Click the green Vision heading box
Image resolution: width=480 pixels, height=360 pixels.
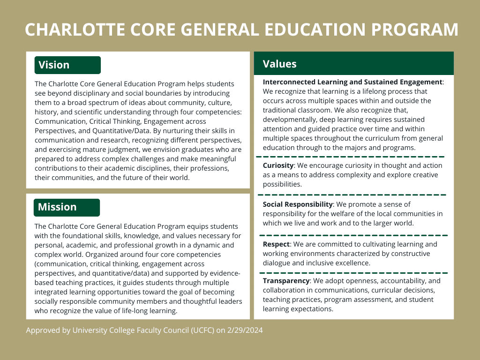point(67,65)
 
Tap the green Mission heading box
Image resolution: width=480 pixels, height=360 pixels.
point(67,207)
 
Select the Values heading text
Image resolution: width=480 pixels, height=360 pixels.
point(280,64)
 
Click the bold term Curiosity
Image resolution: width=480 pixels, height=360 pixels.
point(278,165)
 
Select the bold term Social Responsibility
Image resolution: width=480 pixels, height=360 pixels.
point(298,204)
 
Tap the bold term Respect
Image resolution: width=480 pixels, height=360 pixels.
point(276,244)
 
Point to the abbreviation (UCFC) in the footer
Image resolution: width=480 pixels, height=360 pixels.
point(203,330)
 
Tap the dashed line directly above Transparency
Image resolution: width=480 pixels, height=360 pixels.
point(353,272)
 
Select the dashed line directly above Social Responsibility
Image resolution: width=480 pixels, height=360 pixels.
point(352,195)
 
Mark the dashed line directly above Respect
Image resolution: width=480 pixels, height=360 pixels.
point(353,235)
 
